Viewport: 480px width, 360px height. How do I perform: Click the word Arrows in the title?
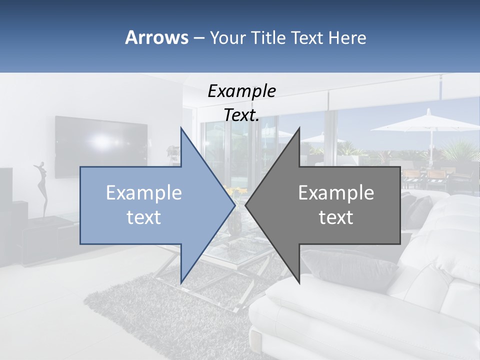pyautogui.click(x=157, y=37)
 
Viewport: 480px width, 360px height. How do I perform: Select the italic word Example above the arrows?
pyautogui.click(x=241, y=91)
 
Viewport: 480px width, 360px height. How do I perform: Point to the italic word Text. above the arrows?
pyautogui.click(x=241, y=115)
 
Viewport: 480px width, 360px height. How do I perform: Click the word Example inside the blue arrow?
pyautogui.click(x=144, y=192)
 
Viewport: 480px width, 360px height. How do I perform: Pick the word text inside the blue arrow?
pyautogui.click(x=144, y=217)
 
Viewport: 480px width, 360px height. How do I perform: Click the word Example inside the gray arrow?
pyautogui.click(x=336, y=192)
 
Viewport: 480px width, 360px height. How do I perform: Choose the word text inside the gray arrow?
pyautogui.click(x=336, y=217)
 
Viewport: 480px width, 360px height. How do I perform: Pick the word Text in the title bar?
pyautogui.click(x=307, y=37)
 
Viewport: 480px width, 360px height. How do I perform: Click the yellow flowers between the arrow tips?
pyautogui.click(x=235, y=190)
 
